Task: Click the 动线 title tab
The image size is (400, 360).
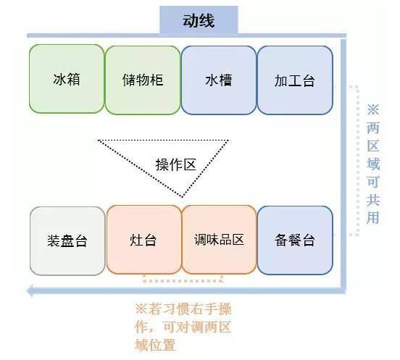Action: coord(199,20)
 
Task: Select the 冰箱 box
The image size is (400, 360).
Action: coord(67,79)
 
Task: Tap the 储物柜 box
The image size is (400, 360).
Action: coord(143,80)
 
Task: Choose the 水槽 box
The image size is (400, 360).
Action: coord(219,80)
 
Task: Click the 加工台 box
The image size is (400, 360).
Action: coord(295,80)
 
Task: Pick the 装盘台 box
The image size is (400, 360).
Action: coord(67,241)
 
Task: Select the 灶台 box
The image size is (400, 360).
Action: coord(143,240)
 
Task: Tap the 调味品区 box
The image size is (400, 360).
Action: coord(219,240)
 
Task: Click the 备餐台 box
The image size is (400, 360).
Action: coord(295,240)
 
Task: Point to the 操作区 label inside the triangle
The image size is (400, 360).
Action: coord(176,164)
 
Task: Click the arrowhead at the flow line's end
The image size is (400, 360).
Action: coord(30,291)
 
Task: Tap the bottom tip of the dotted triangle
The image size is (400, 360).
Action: coord(182,197)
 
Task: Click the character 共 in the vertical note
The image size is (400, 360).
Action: coord(373,200)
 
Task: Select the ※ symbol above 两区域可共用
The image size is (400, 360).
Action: coord(373,109)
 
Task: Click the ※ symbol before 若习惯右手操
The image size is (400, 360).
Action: coord(141,309)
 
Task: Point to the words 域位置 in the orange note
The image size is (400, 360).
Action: coord(155,345)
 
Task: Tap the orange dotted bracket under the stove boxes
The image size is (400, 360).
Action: coord(183,281)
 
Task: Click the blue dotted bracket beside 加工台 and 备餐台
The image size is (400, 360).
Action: coord(358,161)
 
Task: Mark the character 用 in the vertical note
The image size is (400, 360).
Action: coord(373,218)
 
